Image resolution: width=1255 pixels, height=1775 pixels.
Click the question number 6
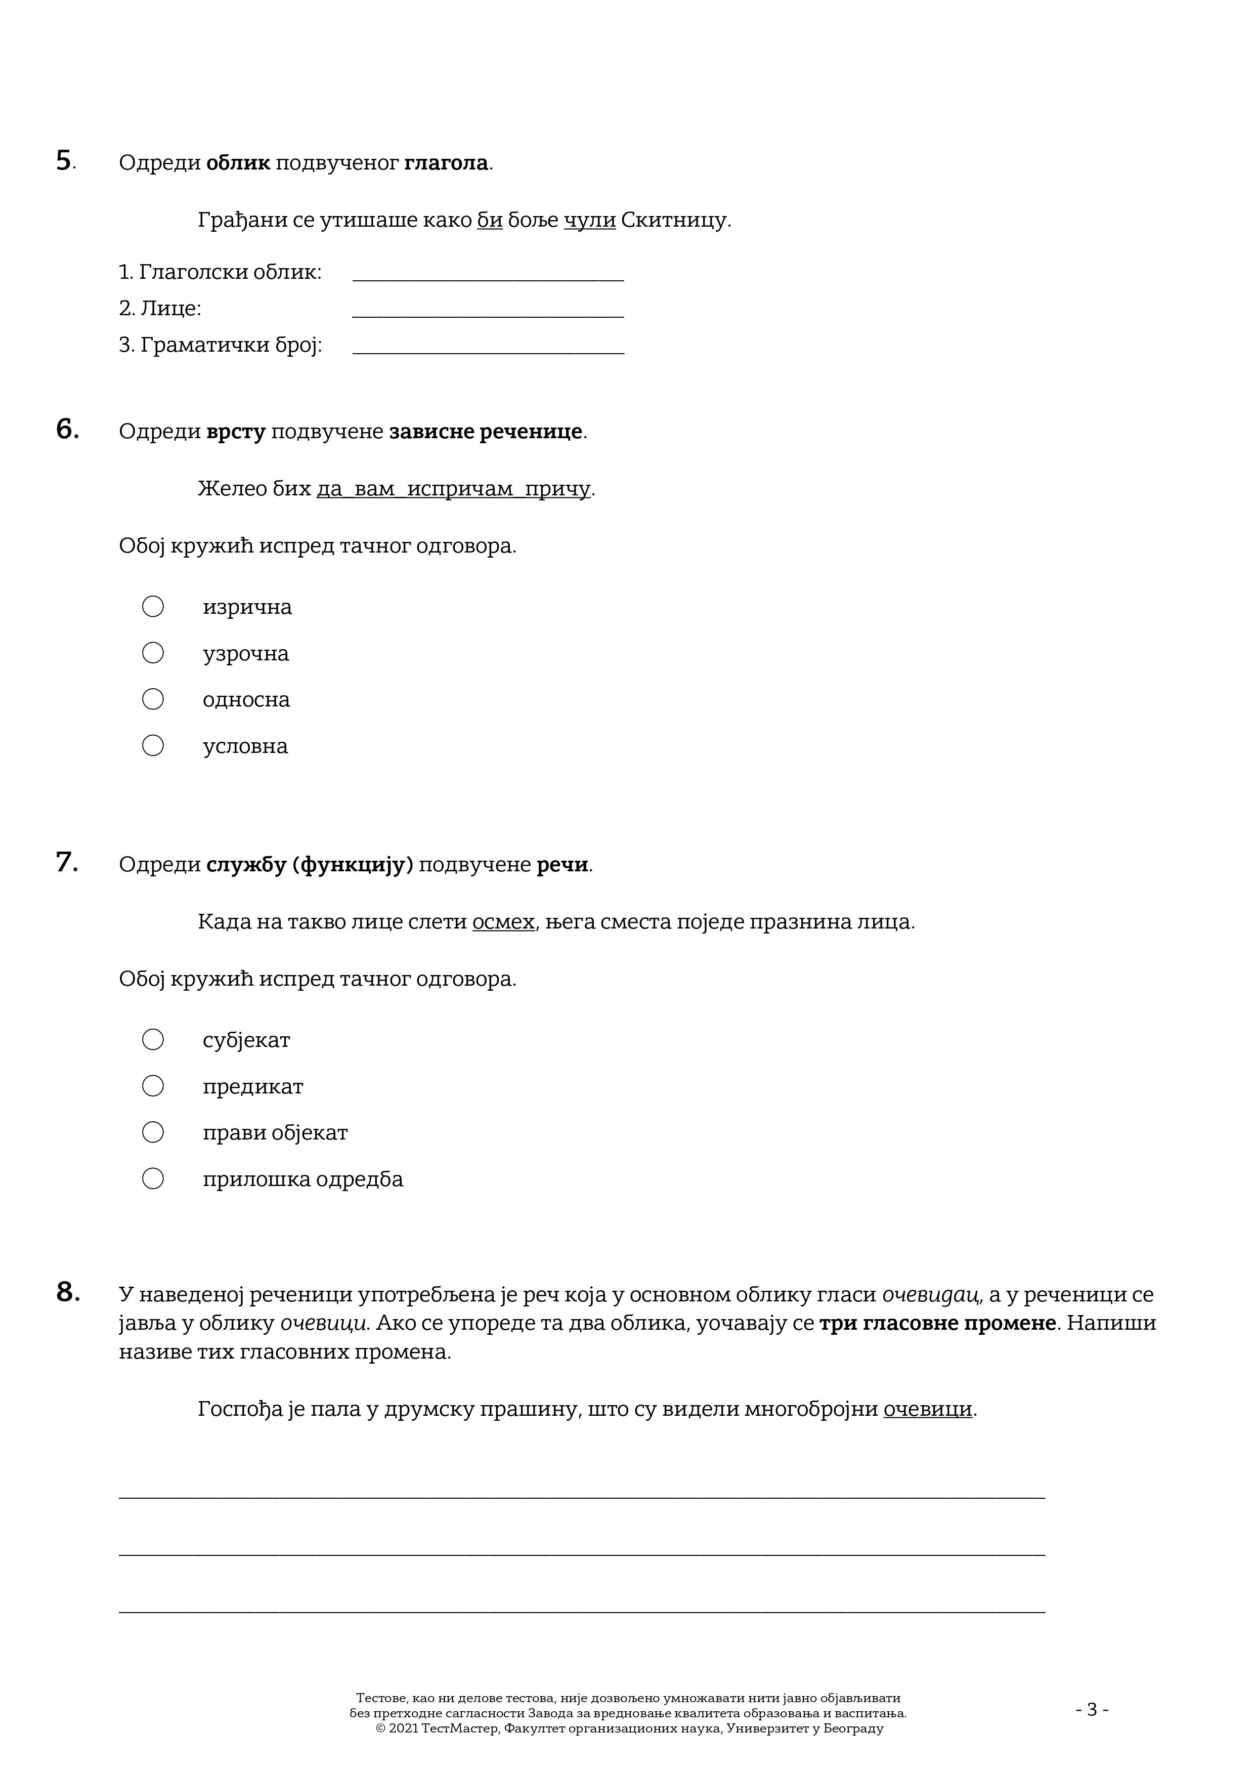pos(67,429)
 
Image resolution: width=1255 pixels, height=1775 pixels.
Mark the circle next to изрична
pos(153,607)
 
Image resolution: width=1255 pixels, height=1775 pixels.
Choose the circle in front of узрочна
pos(153,653)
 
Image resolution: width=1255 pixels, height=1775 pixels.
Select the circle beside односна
pos(153,700)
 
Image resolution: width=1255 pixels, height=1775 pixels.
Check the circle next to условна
pos(153,746)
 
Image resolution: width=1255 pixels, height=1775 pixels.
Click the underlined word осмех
pos(503,922)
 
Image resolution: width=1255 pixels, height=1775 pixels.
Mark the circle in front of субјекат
pos(153,1040)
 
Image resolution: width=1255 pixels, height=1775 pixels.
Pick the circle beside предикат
pos(153,1086)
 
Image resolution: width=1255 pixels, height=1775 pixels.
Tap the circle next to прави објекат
pos(153,1132)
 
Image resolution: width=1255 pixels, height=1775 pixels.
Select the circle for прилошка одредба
pos(153,1179)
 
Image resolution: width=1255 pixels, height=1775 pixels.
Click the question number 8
pos(67,1292)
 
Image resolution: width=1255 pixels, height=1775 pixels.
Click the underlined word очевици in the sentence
pos(927,1409)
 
